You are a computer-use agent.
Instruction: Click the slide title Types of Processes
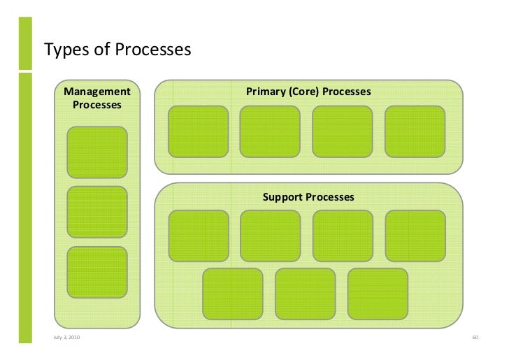point(117,50)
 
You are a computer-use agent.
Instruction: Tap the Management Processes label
point(97,98)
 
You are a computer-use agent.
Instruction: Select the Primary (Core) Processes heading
point(308,92)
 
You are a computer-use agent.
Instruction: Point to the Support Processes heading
point(308,197)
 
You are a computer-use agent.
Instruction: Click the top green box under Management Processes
point(97,152)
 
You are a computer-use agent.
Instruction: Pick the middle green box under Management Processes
point(97,212)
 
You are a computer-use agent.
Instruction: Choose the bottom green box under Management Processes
point(97,273)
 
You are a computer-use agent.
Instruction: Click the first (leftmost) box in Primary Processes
point(199,131)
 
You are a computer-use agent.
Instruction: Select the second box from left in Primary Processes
point(270,131)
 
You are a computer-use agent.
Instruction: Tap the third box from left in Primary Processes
point(342,131)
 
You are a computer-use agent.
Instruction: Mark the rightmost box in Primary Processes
point(415,131)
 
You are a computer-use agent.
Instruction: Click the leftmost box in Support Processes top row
point(199,236)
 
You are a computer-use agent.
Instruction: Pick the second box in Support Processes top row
point(270,236)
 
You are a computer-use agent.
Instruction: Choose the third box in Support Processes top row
point(342,236)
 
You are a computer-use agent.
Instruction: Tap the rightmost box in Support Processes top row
point(415,236)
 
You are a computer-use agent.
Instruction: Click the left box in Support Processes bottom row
point(232,293)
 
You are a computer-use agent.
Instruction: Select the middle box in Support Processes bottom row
point(306,293)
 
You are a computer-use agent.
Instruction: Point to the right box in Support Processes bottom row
point(377,293)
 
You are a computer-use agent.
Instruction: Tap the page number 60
point(474,338)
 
